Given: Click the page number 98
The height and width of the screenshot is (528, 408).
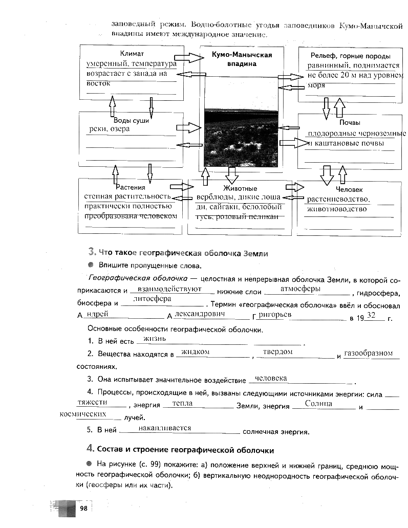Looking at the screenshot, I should (x=83, y=508).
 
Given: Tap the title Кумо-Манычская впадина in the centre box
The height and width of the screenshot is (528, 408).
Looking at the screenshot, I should (x=242, y=59).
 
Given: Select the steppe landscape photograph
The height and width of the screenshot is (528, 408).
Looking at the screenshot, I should (x=241, y=137).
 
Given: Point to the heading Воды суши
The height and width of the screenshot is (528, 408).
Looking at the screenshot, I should (x=131, y=120).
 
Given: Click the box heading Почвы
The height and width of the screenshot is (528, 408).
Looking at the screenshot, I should (x=350, y=123).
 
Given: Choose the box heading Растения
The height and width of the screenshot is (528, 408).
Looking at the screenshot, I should (x=131, y=187).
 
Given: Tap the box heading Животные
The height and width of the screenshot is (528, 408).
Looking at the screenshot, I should (x=240, y=188).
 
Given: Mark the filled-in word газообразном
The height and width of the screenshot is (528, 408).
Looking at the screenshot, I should (x=368, y=353).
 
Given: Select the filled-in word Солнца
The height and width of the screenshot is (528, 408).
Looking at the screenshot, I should (x=318, y=404).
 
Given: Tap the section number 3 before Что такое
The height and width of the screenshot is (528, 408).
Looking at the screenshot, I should (x=92, y=252).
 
